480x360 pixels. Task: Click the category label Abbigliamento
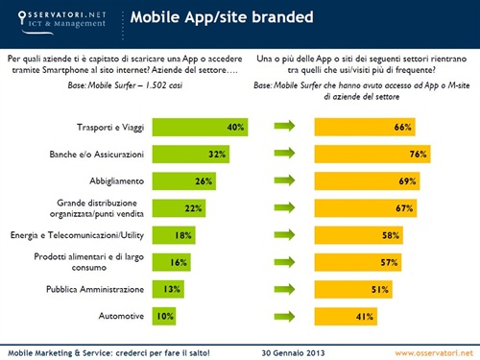tap(112, 180)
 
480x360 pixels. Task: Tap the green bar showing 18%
tap(168, 234)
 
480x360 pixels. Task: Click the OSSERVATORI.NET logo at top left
tap(57, 16)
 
